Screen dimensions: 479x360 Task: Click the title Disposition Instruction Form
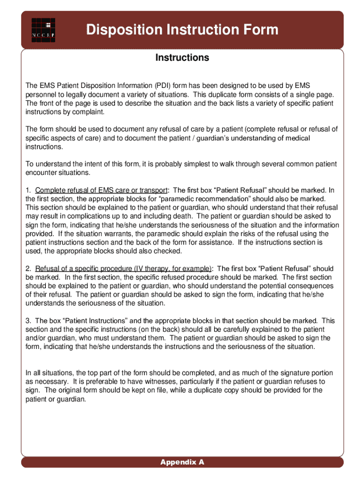[x=182, y=30]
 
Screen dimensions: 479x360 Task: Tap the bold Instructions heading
[x=182, y=58]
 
